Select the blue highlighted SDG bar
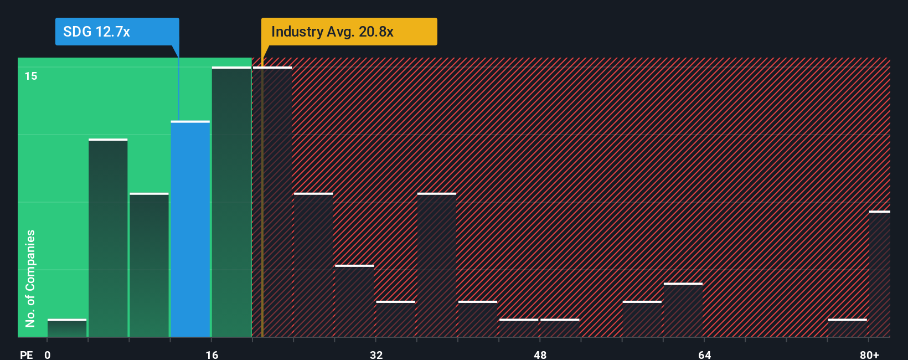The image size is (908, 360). tap(190, 229)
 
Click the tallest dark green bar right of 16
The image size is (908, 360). tap(231, 202)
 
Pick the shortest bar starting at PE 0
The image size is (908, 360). tap(67, 328)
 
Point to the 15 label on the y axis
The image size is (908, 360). tap(31, 76)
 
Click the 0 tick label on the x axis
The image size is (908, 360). tap(48, 354)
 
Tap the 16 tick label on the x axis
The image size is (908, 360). tap(212, 354)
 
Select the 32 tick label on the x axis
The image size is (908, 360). tap(376, 354)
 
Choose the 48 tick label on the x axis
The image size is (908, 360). tap(540, 354)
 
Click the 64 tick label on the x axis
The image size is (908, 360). tap(704, 354)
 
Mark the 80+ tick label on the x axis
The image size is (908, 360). tap(869, 354)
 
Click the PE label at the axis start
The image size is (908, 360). tap(26, 354)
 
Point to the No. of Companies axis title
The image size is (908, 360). tap(30, 278)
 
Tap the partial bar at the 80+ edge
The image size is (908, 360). tap(880, 274)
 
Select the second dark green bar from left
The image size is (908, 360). tap(108, 238)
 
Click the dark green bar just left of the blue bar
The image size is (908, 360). tap(149, 265)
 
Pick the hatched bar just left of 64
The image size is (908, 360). tap(683, 310)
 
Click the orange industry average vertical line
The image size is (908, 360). tap(262, 199)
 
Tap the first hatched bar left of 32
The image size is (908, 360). tap(354, 301)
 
